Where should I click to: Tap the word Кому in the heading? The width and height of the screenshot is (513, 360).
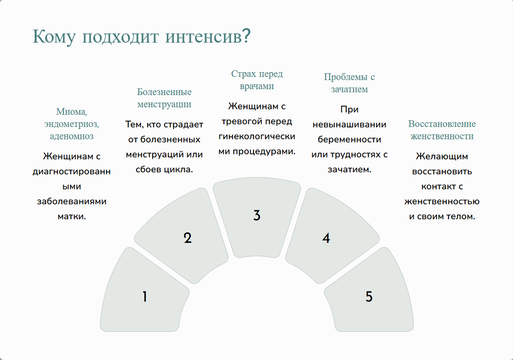point(54,37)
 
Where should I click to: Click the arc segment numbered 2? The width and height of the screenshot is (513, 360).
point(183,236)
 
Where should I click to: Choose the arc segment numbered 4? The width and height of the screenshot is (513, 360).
point(330,236)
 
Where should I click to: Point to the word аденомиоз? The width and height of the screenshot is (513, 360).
point(72,136)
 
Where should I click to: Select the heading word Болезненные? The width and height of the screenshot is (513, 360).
point(164,92)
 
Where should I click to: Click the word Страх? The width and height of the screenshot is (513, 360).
point(243,74)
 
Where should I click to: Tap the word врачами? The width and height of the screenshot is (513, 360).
point(257,86)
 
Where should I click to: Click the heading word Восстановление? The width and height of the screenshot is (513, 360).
point(442,124)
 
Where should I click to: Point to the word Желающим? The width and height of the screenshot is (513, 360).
point(442,156)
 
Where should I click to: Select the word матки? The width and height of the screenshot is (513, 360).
point(72,216)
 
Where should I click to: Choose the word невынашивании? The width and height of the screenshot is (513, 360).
point(349,125)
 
